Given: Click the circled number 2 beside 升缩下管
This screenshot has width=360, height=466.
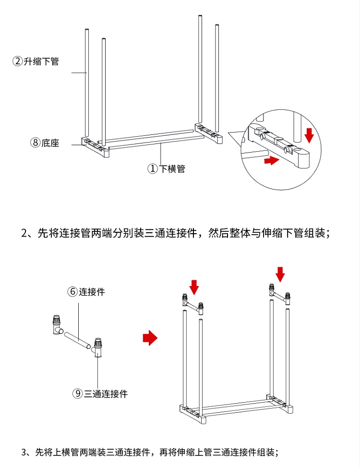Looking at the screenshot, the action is tap(17, 61).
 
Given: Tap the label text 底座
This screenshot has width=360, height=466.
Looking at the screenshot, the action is tap(50, 143).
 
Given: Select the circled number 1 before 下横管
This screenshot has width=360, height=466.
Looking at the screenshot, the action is tap(153, 168).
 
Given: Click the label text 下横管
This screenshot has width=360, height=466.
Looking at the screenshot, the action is tap(172, 169).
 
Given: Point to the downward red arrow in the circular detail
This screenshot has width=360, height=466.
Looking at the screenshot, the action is tap(309, 135).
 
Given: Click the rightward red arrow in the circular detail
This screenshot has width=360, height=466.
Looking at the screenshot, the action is tap(272, 160).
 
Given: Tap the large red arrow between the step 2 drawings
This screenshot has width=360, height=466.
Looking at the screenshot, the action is tap(150, 338).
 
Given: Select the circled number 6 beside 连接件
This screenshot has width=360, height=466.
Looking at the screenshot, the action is tap(72, 291).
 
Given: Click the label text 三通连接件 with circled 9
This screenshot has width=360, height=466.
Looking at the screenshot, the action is tap(106, 394).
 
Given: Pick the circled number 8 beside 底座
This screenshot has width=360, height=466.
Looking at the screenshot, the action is tap(35, 143).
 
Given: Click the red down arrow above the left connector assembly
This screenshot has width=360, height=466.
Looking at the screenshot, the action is tap(194, 287).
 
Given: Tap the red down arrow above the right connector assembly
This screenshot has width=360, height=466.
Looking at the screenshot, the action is tap(280, 275).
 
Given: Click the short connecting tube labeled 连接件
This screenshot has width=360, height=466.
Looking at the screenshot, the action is tap(77, 340).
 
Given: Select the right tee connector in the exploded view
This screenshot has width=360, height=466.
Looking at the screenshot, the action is tap(98, 348).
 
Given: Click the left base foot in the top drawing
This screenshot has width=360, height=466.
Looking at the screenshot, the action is tap(95, 147).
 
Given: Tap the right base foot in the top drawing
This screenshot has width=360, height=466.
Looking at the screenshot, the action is tap(209, 133).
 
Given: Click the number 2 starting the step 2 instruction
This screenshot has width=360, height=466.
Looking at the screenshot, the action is tap(24, 233).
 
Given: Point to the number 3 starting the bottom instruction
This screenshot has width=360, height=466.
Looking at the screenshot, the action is tap(24, 453).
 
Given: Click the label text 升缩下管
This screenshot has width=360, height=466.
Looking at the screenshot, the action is tap(41, 61).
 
